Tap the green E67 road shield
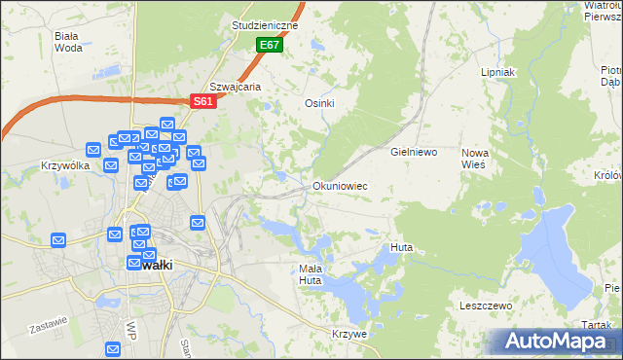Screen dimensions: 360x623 pyautogui.click(x=270, y=46)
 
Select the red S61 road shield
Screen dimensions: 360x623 pyautogui.click(x=202, y=101)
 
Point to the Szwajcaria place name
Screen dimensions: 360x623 pyautogui.click(x=237, y=86)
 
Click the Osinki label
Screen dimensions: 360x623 pyautogui.click(x=320, y=104)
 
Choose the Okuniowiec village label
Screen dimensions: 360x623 pyautogui.click(x=340, y=185)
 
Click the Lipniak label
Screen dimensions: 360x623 pyautogui.click(x=497, y=73)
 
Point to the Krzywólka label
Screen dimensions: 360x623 pyautogui.click(x=65, y=165)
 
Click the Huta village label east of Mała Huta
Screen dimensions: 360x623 pyautogui.click(x=401, y=247)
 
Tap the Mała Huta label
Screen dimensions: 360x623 pyautogui.click(x=310, y=274)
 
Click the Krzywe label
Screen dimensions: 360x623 pyautogui.click(x=348, y=334)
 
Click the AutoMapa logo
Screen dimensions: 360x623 pyautogui.click(x=555, y=342)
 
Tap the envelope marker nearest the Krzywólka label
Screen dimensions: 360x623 pyautogui.click(x=93, y=150)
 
